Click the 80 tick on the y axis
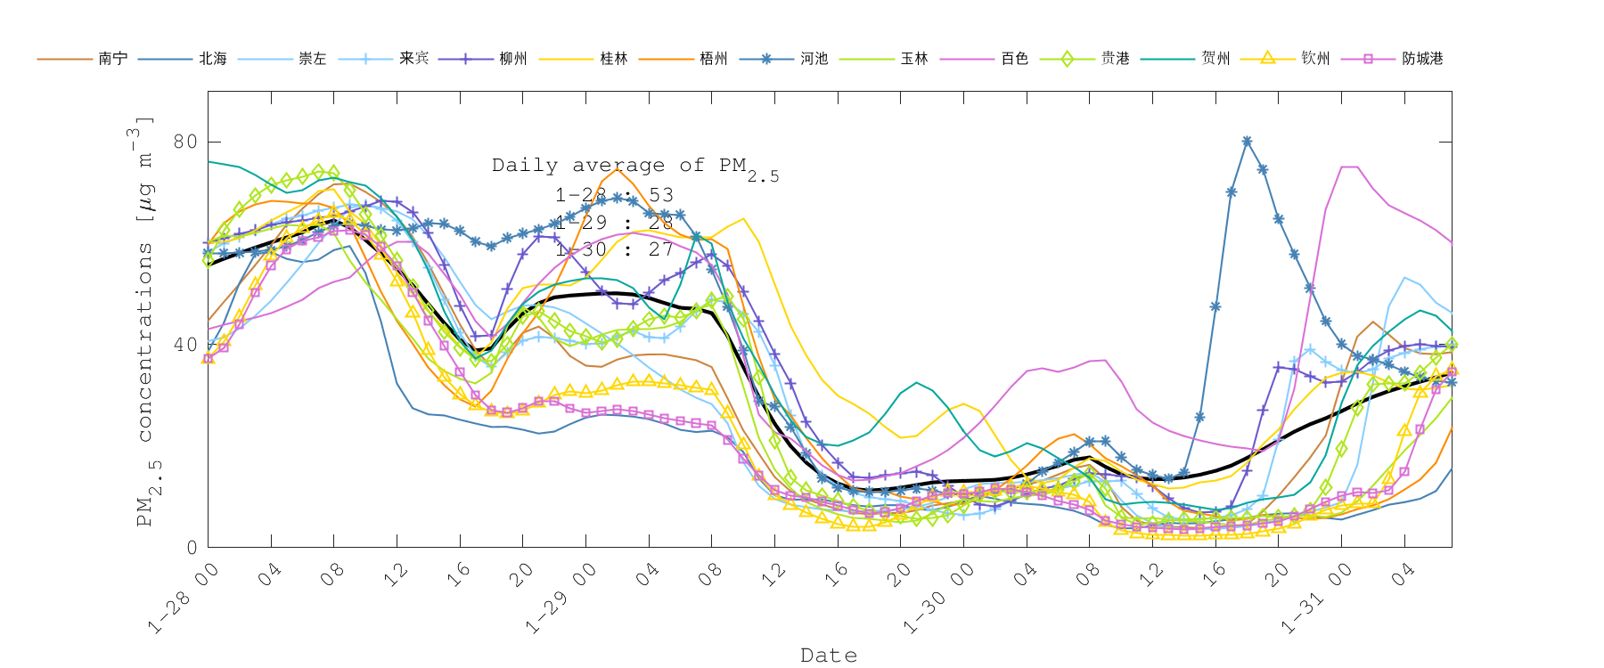pyautogui.click(x=185, y=142)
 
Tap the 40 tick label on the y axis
pyautogui.click(x=185, y=345)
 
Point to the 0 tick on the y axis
pyautogui.click(x=192, y=548)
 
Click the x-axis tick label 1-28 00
pyautogui.click(x=183, y=599)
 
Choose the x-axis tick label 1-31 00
pyautogui.click(x=1316, y=599)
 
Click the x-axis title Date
pyautogui.click(x=829, y=656)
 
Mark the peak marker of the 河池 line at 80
pyautogui.click(x=1247, y=142)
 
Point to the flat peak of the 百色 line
pyautogui.click(x=1349, y=167)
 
